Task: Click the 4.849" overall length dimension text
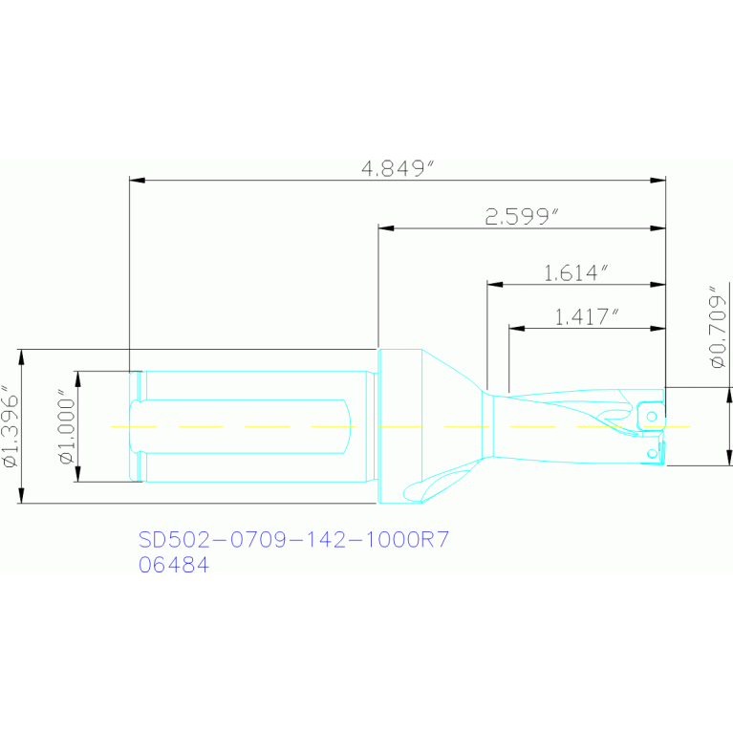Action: (399, 168)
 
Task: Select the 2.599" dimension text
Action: (522, 216)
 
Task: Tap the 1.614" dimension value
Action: (576, 273)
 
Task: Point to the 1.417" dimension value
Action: (587, 317)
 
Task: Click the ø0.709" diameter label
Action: (719, 327)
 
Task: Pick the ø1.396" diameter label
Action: (11, 426)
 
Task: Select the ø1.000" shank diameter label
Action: (67, 426)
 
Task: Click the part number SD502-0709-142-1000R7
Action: (293, 539)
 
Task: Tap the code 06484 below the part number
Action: (174, 565)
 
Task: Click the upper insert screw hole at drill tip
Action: (652, 416)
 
